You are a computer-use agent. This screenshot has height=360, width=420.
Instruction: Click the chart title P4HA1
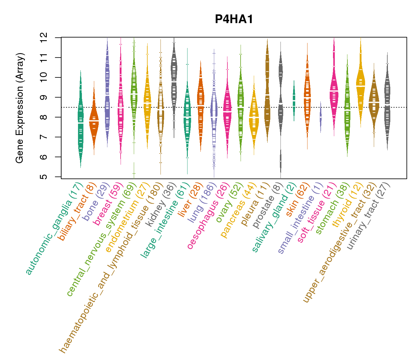234,19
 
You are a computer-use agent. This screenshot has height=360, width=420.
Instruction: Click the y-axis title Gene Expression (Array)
20,108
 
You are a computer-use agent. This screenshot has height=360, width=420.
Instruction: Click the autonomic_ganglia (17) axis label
54,229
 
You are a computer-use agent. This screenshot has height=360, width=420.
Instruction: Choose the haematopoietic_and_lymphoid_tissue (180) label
111,267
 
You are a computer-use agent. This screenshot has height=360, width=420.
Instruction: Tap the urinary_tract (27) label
369,216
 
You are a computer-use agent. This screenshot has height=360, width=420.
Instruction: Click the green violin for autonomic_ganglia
80,120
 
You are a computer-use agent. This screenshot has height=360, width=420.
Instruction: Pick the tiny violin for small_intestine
321,117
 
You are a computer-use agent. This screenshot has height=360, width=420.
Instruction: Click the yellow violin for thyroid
361,84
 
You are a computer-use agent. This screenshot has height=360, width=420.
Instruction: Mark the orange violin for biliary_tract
94,120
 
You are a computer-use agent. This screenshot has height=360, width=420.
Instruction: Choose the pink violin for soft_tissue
334,90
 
